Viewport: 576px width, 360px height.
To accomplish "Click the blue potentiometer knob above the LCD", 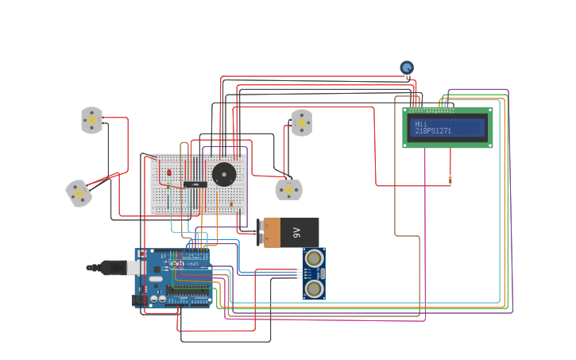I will [x=407, y=68].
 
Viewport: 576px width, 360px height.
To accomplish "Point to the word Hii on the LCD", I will [x=421, y=124].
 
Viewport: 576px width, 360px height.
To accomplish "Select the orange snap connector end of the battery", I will [x=271, y=233].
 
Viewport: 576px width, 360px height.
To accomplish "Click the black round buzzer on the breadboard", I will [x=224, y=173].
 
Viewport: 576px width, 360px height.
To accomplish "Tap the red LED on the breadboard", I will [x=169, y=171].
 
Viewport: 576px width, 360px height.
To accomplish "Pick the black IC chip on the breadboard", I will [x=195, y=184].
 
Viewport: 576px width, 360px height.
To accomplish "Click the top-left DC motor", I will [x=92, y=120].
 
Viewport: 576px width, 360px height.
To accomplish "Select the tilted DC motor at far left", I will [x=78, y=193].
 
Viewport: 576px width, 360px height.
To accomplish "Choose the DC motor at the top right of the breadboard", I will [x=302, y=122].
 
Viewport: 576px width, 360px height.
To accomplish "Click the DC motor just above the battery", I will [x=288, y=190].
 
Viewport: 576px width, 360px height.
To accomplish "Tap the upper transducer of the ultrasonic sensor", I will [x=315, y=258].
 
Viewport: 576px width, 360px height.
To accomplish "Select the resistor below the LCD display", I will [x=450, y=180].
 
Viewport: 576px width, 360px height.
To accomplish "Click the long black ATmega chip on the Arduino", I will [x=188, y=290].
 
